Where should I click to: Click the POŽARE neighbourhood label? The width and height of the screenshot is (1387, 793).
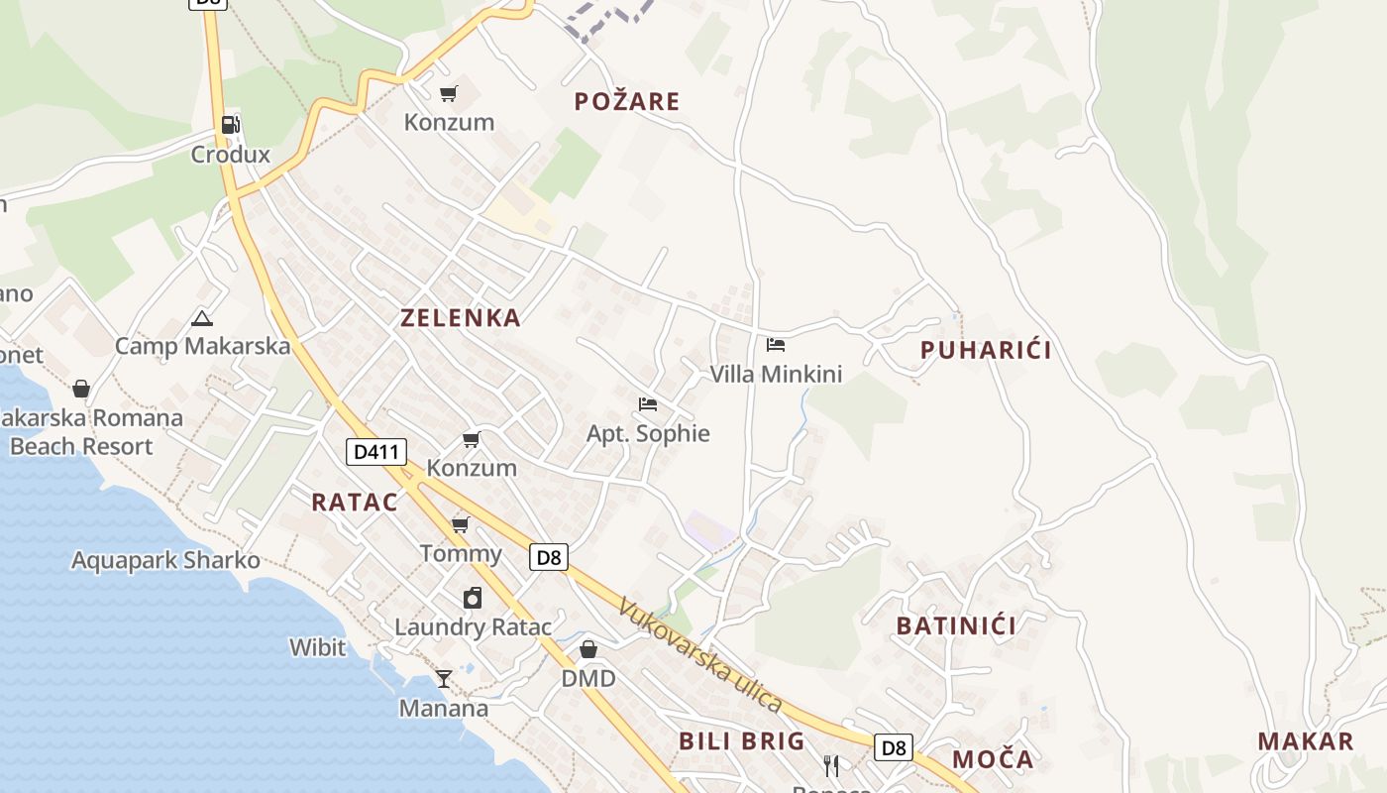coord(627,101)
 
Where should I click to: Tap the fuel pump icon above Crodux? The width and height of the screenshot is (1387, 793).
coord(231,125)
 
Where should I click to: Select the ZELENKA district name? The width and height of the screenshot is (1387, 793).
coord(461,318)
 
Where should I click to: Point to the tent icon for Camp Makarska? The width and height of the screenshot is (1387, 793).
coord(203,318)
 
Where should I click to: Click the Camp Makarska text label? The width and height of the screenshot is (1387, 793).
coord(203,346)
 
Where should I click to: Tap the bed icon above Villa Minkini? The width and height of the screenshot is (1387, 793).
coord(776,345)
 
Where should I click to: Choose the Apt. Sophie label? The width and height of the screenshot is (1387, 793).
coord(648,433)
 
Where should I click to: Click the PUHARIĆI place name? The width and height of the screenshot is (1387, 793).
coord(986,350)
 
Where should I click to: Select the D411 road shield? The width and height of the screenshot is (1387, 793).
coord(377,453)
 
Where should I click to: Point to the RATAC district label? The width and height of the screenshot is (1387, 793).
coord(355,503)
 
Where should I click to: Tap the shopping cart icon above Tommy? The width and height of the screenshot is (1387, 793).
coord(461,524)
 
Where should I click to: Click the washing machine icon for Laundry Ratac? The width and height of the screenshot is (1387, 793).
coord(473,598)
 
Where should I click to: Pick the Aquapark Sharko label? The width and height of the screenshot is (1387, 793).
coord(165,561)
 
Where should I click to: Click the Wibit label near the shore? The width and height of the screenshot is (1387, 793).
coord(318,648)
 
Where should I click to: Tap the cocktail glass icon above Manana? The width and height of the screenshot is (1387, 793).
coord(444,679)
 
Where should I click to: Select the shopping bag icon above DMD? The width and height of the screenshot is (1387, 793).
coord(588,649)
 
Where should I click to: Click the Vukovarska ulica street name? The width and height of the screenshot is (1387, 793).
coord(700,655)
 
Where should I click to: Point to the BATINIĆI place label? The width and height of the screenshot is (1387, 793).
coord(956,626)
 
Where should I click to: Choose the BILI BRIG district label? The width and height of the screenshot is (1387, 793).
coord(742,741)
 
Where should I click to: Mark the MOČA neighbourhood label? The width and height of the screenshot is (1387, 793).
coord(993,760)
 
